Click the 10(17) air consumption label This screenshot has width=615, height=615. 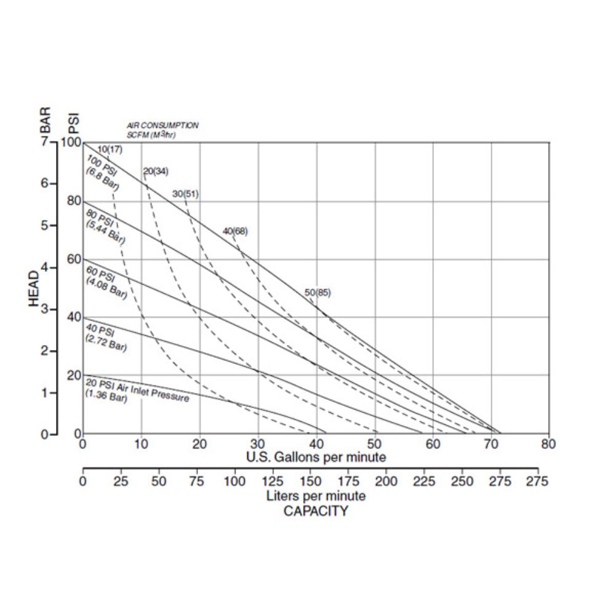click(109, 148)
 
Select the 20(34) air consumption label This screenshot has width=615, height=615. click(155, 171)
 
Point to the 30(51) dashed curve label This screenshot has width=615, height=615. click(185, 194)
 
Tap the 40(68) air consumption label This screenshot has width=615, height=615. click(235, 231)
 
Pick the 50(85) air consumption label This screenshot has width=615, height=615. click(317, 293)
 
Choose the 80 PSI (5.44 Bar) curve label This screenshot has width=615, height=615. click(105, 225)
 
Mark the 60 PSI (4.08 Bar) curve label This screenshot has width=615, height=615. click(106, 282)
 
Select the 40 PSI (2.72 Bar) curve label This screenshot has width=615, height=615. click(106, 338)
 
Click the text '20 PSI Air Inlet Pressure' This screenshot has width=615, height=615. click(137, 389)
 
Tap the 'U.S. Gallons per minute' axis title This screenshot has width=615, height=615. click(316, 457)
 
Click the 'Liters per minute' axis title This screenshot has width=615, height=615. click(316, 496)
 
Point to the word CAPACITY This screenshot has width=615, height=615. click(315, 511)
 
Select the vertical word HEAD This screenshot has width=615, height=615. click(34, 289)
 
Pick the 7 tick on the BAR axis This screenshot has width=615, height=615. click(44, 142)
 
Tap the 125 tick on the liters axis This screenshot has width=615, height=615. click(272, 482)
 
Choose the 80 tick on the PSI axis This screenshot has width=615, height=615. click(74, 200)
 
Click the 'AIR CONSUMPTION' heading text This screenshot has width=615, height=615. click(162, 125)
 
